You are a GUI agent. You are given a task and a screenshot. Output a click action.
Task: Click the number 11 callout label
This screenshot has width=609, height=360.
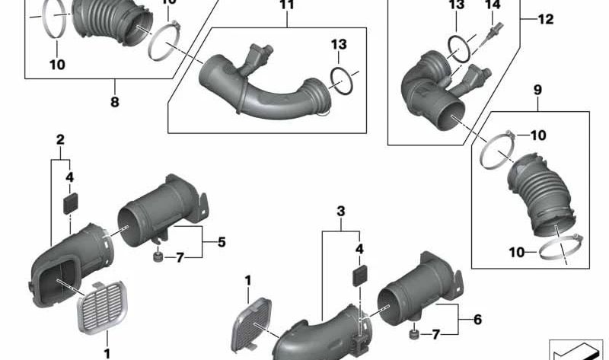[x=286, y=6]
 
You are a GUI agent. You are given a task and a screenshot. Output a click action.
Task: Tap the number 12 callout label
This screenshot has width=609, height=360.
[x=547, y=20]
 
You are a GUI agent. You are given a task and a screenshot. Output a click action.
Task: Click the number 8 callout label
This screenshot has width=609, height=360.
[x=115, y=102]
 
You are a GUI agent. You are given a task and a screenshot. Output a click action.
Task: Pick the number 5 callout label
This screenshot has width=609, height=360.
[x=221, y=243]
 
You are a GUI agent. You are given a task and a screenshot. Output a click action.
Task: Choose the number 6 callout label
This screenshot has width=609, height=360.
[x=477, y=320]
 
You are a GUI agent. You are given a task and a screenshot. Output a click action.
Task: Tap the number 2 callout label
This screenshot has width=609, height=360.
[x=59, y=139]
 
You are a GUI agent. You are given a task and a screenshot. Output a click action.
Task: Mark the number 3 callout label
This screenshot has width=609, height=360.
[x=341, y=210]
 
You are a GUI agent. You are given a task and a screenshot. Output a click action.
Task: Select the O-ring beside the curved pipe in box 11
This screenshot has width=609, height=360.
[x=343, y=81]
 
